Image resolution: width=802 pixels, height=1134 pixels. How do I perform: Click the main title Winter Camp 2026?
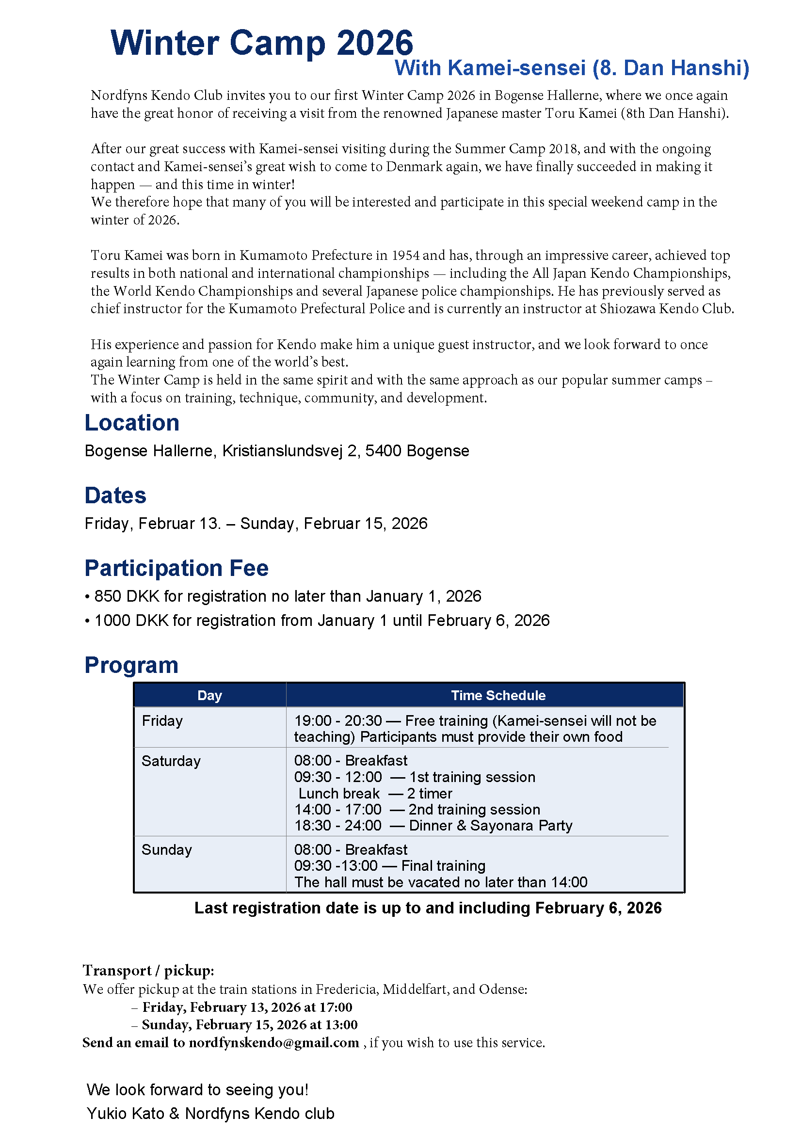click(262, 44)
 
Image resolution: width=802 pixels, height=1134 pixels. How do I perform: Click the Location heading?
click(132, 423)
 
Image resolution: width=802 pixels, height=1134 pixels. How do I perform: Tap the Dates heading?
click(115, 495)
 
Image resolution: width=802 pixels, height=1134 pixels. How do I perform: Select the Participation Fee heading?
click(176, 568)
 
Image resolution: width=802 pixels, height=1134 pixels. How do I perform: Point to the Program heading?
click(131, 665)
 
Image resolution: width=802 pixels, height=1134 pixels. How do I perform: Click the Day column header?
click(209, 695)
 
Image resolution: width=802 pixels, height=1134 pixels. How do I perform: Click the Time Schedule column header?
click(498, 695)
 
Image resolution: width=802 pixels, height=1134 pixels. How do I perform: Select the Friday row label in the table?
click(162, 721)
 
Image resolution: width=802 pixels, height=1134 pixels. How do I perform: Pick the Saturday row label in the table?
click(171, 761)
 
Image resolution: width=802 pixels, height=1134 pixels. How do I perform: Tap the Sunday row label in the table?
click(166, 849)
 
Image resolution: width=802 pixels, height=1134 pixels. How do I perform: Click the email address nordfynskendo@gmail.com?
click(273, 1043)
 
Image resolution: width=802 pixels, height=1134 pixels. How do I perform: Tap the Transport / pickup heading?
click(148, 971)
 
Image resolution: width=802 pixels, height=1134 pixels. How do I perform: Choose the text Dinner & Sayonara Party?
click(490, 826)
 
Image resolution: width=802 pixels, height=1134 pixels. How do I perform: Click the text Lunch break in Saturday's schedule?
click(339, 794)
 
